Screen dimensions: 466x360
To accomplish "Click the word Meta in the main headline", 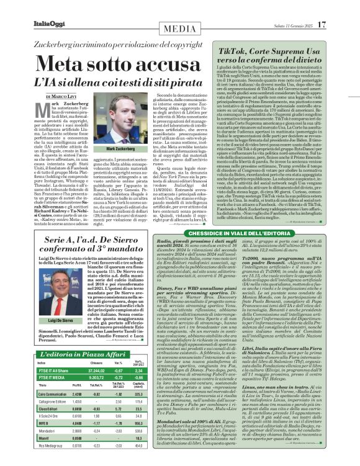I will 63,65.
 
